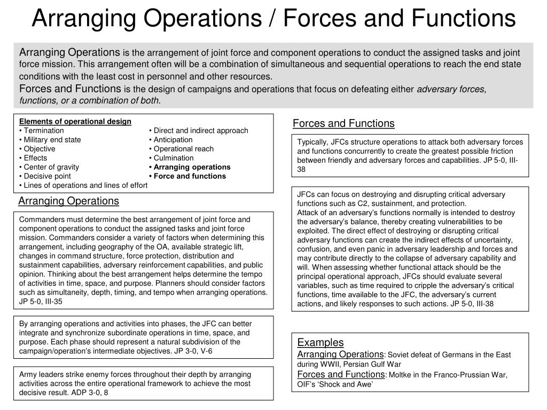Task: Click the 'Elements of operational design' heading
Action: [x=75, y=122]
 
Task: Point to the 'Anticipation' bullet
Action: [x=173, y=140]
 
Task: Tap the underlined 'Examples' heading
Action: [x=321, y=343]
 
